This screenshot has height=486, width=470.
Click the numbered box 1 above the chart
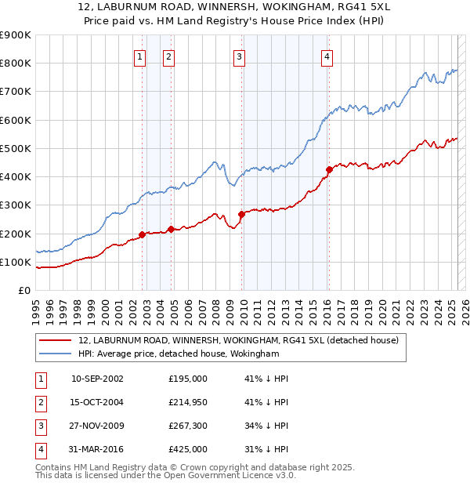coord(139,56)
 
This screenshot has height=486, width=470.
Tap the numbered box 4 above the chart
coord(327,56)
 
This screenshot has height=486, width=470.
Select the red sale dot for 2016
coord(329,169)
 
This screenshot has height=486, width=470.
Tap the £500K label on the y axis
coord(16,148)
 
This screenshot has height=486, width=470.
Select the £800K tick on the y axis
coord(16,63)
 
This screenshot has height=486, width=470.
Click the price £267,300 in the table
coord(187,426)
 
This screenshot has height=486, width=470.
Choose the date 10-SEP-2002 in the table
coord(97,379)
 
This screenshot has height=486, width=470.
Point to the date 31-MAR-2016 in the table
coord(97,449)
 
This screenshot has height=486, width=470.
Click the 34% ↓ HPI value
coord(266,426)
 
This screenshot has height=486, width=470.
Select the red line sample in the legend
coord(54,340)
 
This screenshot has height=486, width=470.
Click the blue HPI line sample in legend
coord(54,354)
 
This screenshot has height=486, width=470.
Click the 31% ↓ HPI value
coord(266,449)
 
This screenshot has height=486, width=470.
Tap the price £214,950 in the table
coord(187,402)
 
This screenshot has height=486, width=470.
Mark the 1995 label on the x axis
coord(36,303)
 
